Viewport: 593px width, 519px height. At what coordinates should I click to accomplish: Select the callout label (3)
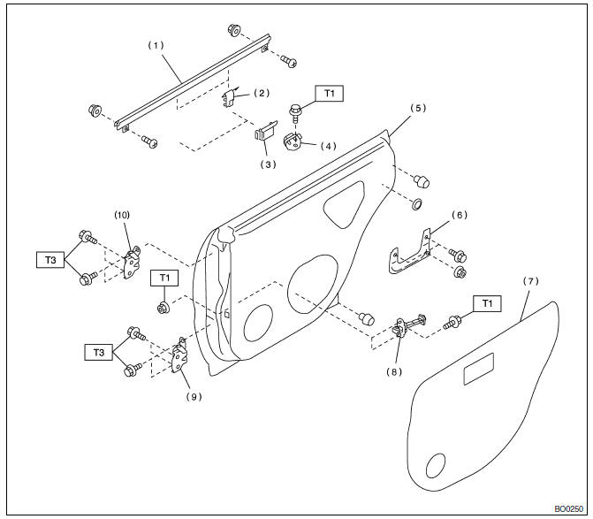[x=267, y=164]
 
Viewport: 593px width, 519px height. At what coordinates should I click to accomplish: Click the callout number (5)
[x=417, y=109]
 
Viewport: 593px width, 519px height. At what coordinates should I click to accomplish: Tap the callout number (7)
[x=529, y=281]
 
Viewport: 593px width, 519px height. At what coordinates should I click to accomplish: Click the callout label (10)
[x=122, y=215]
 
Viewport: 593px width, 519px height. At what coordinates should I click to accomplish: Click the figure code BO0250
[x=571, y=509]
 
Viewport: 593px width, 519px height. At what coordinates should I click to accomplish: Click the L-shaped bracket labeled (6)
[x=410, y=254]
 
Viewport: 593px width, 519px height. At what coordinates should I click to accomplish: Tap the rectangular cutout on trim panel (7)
[x=483, y=370]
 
